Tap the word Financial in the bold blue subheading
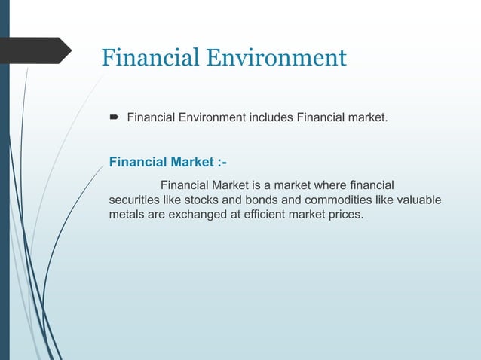coord(136,162)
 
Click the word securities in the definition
coord(136,200)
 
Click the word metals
coord(127,215)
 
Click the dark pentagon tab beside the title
coord(35,50)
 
